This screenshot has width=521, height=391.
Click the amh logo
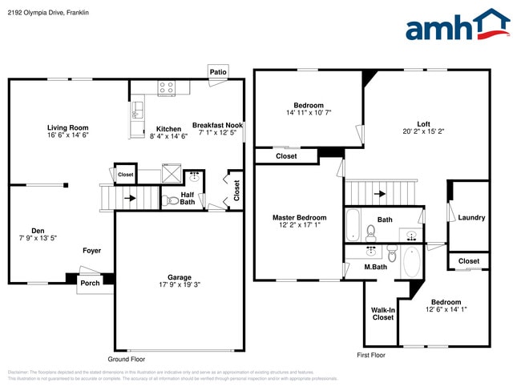[x=457, y=26]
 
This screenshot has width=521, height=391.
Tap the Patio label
[x=218, y=72]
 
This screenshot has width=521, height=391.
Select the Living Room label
[x=67, y=127]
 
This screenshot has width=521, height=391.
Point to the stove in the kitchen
[x=167, y=87]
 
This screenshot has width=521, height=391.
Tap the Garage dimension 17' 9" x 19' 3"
[x=179, y=286]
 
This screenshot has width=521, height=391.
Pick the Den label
[x=38, y=230]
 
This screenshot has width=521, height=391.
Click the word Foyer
[x=91, y=251]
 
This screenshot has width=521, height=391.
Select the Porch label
[x=89, y=283]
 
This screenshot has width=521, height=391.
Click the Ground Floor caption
[x=127, y=359]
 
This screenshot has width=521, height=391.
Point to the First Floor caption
[x=371, y=354]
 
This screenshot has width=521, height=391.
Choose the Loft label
[x=423, y=123]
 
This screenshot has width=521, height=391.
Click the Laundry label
[x=471, y=217]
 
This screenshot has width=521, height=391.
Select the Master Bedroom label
[x=299, y=217]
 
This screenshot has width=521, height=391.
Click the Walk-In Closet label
[x=382, y=313]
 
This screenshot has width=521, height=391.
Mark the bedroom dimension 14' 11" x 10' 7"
[x=308, y=113]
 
